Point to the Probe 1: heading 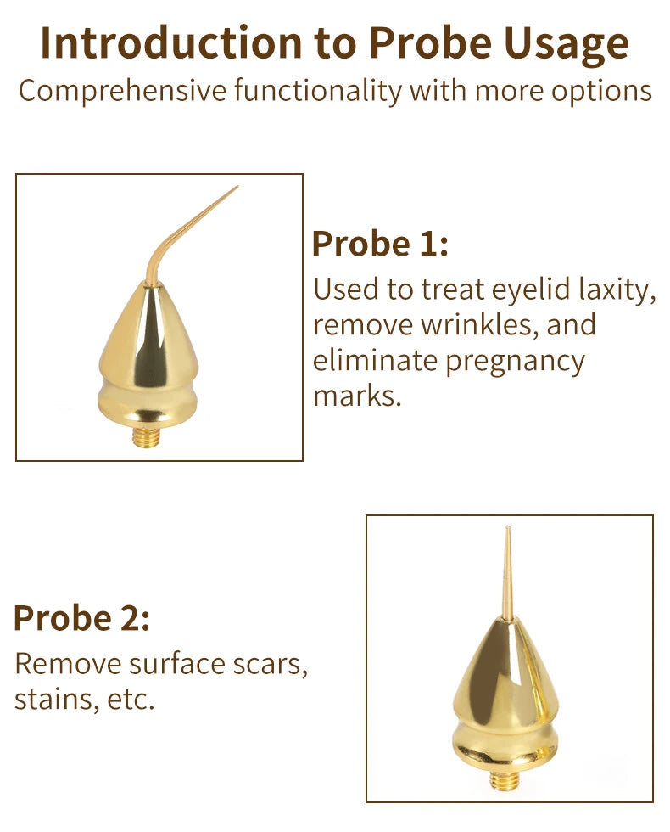click(x=380, y=244)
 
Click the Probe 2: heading click(x=82, y=618)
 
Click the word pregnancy click(x=515, y=363)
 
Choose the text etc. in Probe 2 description click(x=131, y=700)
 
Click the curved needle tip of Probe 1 click(x=237, y=187)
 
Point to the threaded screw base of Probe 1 click(x=146, y=436)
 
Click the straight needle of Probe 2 click(x=507, y=573)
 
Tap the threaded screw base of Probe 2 click(x=504, y=779)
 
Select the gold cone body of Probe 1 click(x=148, y=356)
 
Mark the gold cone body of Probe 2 click(x=505, y=695)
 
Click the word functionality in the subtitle click(x=318, y=91)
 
